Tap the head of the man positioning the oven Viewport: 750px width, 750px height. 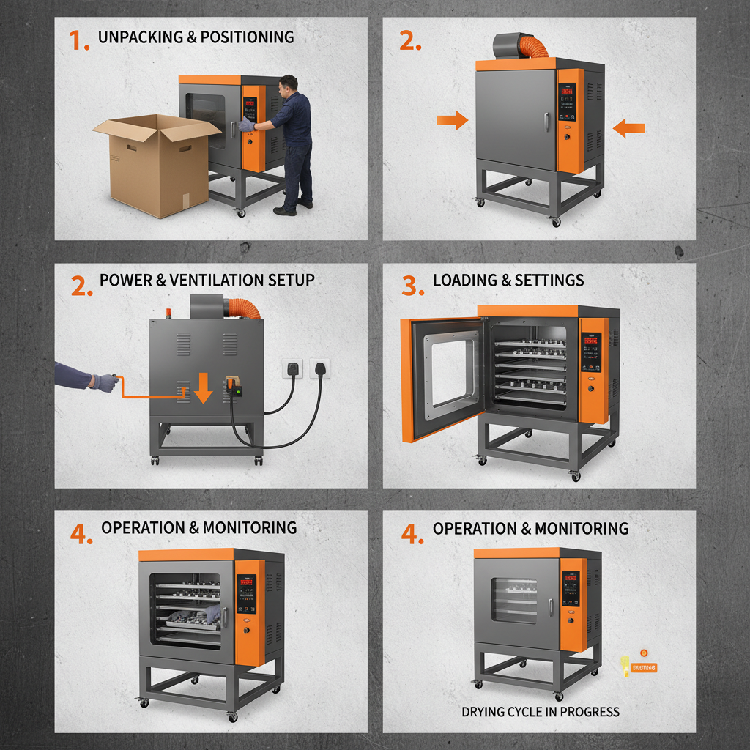pyautogui.click(x=289, y=83)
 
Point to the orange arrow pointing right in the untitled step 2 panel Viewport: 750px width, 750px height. pyautogui.click(x=452, y=120)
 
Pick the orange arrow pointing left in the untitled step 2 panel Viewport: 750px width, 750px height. pyautogui.click(x=628, y=129)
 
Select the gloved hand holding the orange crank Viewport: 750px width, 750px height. pyautogui.click(x=105, y=382)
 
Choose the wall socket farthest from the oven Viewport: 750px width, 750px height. pyautogui.click(x=320, y=368)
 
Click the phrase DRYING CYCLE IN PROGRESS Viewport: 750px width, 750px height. pyautogui.click(x=541, y=711)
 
